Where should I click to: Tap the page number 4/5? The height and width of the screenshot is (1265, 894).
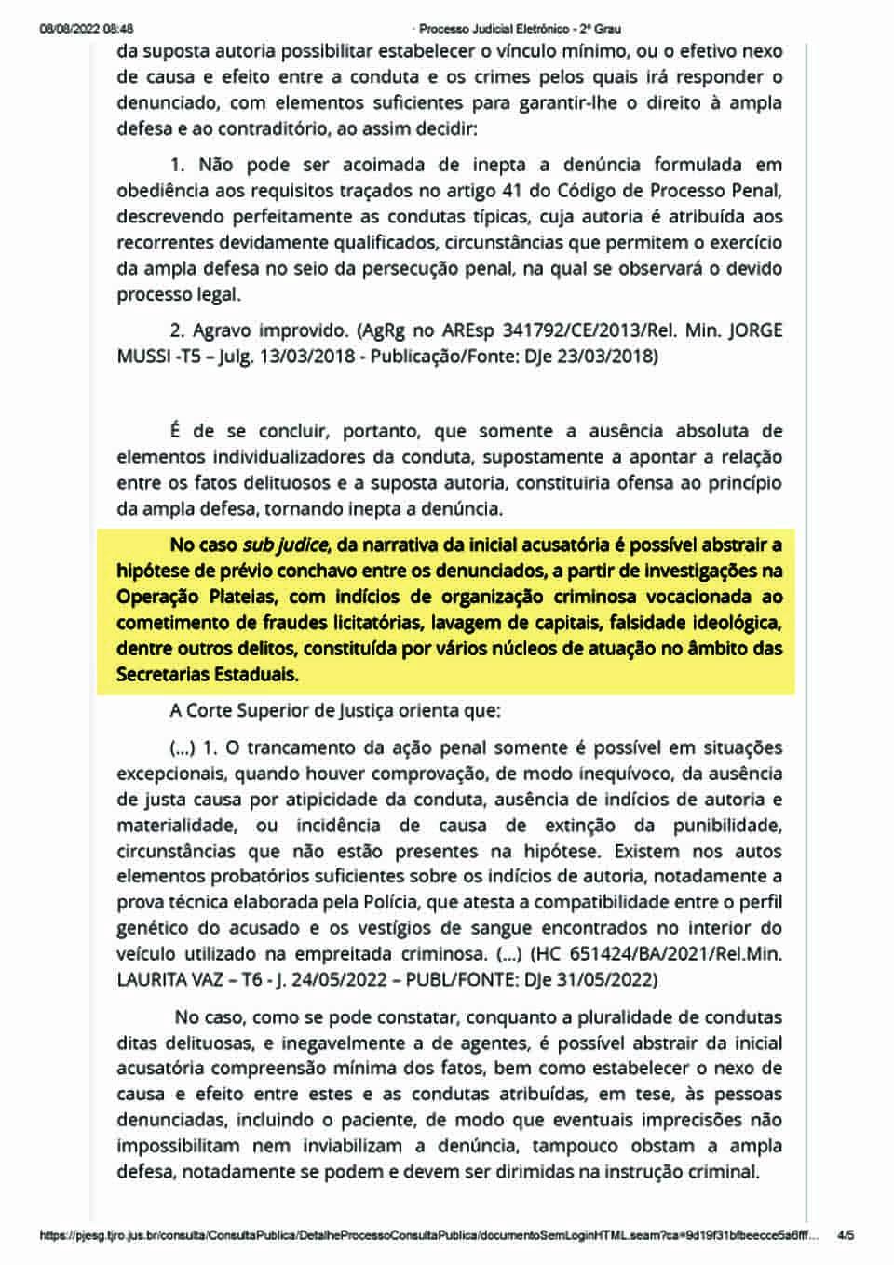[x=846, y=1235]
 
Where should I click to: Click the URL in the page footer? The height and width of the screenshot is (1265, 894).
[x=428, y=1235]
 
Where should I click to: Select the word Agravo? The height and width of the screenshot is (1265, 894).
[x=223, y=330]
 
